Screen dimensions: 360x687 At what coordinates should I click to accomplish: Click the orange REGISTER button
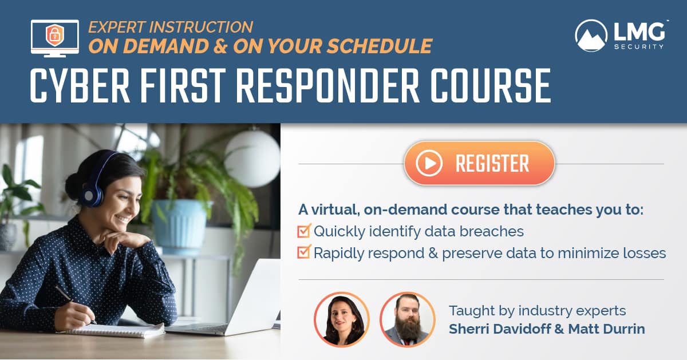pyautogui.click(x=479, y=164)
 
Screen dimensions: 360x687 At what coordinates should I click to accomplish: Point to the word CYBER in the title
pyautogui.click(x=73, y=86)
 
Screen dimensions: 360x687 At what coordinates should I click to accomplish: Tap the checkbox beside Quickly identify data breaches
pyautogui.click(x=304, y=231)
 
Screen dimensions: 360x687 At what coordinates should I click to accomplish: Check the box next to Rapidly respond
pyautogui.click(x=304, y=252)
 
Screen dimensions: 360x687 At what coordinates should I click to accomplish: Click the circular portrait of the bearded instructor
pyautogui.click(x=408, y=319)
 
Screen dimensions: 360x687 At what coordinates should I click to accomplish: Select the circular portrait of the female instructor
pyautogui.click(x=342, y=319)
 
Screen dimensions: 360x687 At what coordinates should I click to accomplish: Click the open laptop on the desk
pyautogui.click(x=240, y=298)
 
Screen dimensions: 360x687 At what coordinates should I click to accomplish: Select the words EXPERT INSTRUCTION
pyautogui.click(x=171, y=27)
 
